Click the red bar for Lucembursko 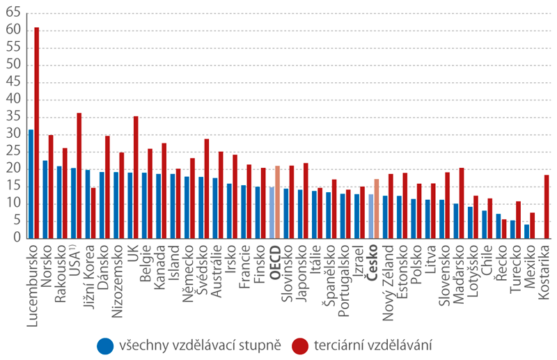click(x=37, y=132)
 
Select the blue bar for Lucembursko click(x=31, y=184)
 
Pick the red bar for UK click(x=136, y=177)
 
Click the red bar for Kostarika click(x=547, y=206)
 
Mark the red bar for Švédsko click(x=207, y=188)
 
